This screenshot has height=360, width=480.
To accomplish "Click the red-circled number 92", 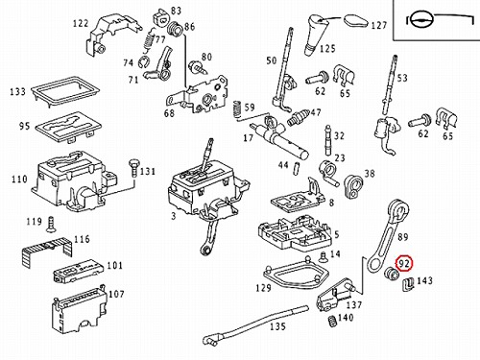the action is (404, 263).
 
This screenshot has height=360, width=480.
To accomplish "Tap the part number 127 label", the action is (379, 25).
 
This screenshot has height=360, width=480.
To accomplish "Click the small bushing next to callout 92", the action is (392, 274).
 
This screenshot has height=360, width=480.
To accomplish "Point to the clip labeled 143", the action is (407, 284).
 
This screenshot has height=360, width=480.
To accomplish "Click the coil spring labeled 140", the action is (332, 321).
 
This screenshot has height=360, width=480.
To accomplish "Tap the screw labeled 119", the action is (50, 224).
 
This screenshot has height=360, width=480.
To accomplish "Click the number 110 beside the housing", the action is (19, 179).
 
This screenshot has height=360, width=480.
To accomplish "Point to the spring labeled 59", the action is (237, 109).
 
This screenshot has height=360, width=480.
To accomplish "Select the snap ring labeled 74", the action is (143, 62).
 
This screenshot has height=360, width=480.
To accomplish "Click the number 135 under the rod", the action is (277, 326).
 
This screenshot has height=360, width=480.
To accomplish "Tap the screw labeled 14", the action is (324, 257).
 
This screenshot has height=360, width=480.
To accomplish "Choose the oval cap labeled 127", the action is (356, 20).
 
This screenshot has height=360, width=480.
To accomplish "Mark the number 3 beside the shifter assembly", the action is (173, 216).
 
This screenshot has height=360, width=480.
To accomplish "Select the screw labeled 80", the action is (197, 66).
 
